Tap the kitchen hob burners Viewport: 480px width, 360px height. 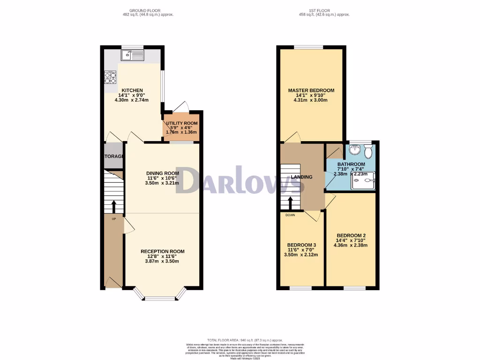110,77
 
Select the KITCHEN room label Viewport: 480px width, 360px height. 132,90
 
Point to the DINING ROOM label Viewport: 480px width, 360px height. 162,172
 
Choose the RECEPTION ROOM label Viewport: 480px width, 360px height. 163,252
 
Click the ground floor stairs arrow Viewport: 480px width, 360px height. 113,206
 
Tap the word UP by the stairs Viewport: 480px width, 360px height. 113,219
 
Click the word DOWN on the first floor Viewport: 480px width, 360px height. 290,216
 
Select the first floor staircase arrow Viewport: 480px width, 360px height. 290,202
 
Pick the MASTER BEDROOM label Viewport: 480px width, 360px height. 311,90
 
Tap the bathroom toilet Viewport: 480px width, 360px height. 368,151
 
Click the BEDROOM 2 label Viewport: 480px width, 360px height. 351,235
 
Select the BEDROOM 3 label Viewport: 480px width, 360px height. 301,245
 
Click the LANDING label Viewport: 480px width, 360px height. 301,177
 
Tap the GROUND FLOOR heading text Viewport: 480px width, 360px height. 145,10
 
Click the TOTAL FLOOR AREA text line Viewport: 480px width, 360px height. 245,340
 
